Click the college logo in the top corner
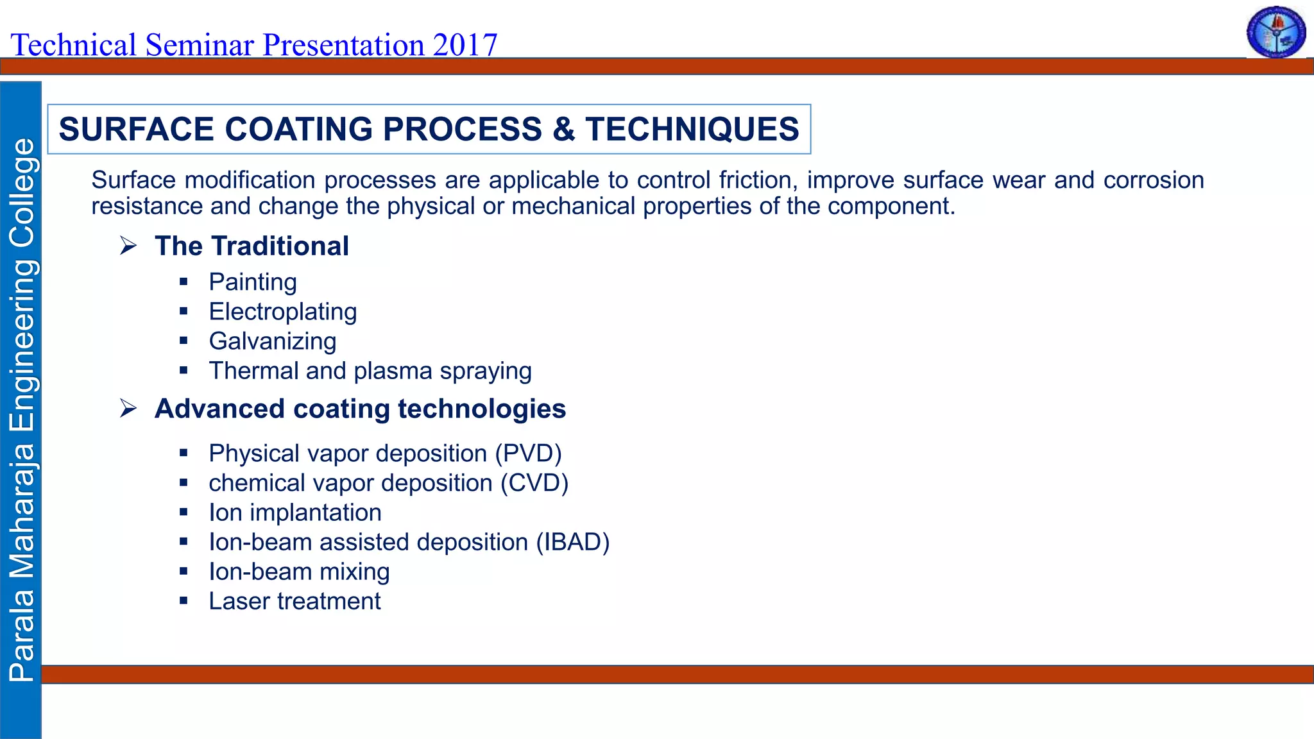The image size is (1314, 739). click(1276, 32)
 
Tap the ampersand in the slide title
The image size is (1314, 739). click(563, 129)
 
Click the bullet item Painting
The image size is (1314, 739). click(253, 282)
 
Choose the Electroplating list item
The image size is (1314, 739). click(282, 312)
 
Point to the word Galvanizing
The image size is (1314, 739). click(272, 341)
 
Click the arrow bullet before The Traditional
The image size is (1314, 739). click(128, 246)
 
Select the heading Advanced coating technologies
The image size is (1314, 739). click(360, 409)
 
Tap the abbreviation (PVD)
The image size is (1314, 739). click(528, 454)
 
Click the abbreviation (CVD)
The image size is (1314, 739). click(534, 483)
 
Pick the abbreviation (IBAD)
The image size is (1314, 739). click(572, 542)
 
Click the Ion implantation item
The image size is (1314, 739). click(294, 513)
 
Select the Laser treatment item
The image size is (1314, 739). click(294, 601)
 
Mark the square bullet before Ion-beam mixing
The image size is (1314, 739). click(183, 572)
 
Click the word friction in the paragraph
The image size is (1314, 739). click(758, 180)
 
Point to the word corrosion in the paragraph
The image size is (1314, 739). click(1153, 180)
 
